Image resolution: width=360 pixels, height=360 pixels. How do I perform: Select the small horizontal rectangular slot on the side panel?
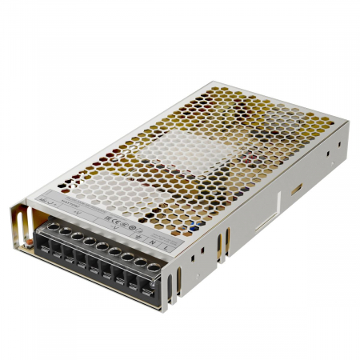click(296, 190)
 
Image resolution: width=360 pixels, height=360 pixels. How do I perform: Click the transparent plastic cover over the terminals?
click(96, 240)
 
